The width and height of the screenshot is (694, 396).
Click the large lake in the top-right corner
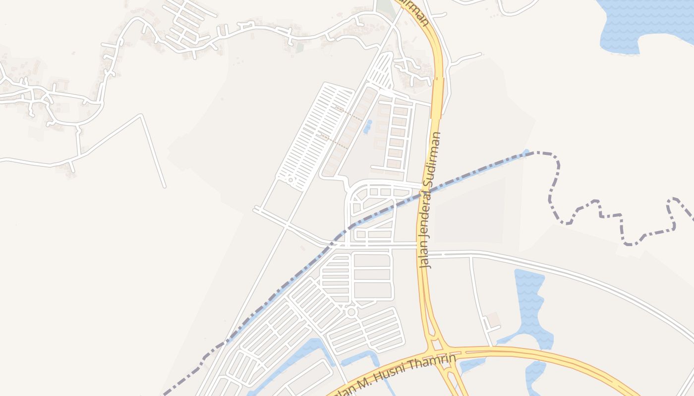(x=644, y=22)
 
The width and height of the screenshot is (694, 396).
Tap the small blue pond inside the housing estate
(x=367, y=127)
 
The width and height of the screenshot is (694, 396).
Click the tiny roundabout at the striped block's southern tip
(x=290, y=180)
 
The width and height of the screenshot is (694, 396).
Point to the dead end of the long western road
(x=165, y=187)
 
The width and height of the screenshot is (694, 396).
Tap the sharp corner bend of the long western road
(x=142, y=116)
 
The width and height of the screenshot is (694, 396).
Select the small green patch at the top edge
(x=384, y=6)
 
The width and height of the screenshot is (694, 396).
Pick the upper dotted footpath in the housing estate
(x=349, y=114)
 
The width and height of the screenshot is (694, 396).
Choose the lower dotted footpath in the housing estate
(x=333, y=140)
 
